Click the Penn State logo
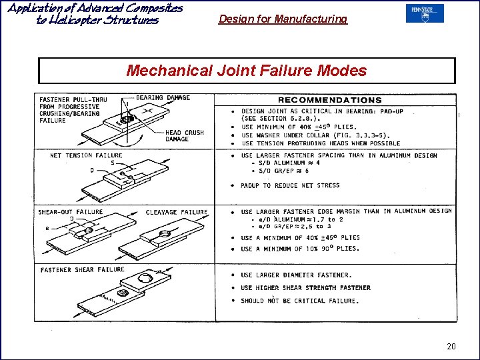424,13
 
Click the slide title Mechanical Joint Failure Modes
246,71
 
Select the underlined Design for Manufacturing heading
283,19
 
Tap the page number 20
451,346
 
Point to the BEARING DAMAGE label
163,98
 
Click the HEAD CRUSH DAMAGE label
186,136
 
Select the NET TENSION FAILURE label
86,156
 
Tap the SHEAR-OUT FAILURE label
70,212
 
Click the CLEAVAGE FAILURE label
177,212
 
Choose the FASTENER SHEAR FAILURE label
82,270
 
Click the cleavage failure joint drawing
160,240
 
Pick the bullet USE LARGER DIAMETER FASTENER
296,275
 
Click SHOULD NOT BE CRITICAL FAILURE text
299,301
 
